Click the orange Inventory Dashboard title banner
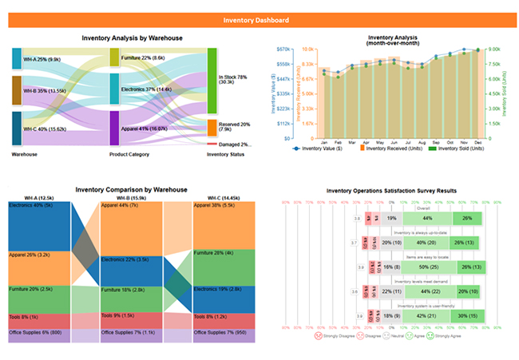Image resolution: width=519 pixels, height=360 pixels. point(259,20)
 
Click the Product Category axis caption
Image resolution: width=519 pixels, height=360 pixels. point(129,154)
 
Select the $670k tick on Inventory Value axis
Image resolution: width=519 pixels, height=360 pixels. point(281,49)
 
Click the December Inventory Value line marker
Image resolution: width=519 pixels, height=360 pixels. point(478,49)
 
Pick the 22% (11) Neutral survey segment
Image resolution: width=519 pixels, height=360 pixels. point(391,292)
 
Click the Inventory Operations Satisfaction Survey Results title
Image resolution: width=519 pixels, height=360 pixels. point(393,191)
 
